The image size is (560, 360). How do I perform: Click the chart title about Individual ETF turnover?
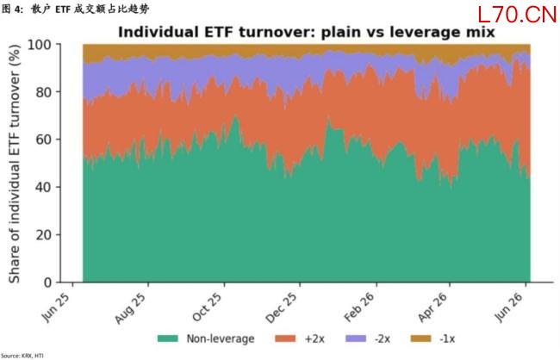307,32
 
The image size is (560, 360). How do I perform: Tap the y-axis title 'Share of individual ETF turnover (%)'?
15,164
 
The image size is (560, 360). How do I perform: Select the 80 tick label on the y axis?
44,92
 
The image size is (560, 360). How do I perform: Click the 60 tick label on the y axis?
44,140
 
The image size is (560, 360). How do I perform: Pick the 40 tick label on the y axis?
44,187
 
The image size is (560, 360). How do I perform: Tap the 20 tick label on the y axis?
44,234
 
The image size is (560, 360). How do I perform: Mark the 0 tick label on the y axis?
48,282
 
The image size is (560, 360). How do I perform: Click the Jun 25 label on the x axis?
55,307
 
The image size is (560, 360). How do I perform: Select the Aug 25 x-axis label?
131,308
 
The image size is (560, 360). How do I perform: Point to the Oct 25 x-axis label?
207,307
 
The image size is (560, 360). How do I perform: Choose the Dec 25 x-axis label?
282,308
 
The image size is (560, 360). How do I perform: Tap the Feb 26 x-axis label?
359,307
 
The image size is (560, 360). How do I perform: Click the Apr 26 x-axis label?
432,307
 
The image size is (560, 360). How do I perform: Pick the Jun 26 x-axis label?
509,307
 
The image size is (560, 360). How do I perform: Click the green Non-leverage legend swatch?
167,338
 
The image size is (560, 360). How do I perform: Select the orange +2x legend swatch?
285,338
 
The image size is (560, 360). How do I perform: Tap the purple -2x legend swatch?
356,338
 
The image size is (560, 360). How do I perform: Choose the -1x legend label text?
447,338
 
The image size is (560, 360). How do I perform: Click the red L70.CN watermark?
517,15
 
